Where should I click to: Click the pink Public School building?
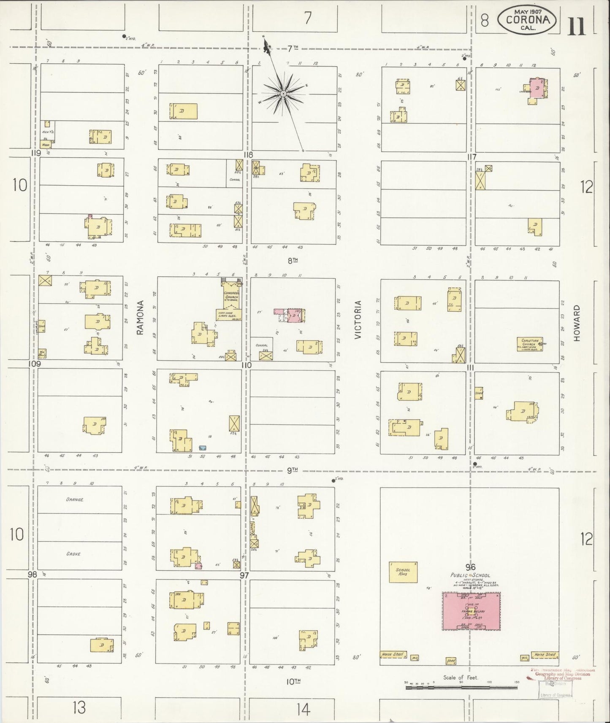[471, 611]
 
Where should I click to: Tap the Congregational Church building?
[231, 297]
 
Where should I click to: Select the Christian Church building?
[530, 344]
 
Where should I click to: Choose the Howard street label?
[577, 323]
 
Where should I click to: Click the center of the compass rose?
[283, 93]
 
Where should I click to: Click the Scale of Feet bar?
[461, 687]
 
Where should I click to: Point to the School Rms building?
[403, 572]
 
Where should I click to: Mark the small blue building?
[203, 448]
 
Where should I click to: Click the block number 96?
[470, 567]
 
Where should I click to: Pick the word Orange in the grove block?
[74, 499]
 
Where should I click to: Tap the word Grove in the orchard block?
[73, 554]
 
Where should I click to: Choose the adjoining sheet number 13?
[79, 707]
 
